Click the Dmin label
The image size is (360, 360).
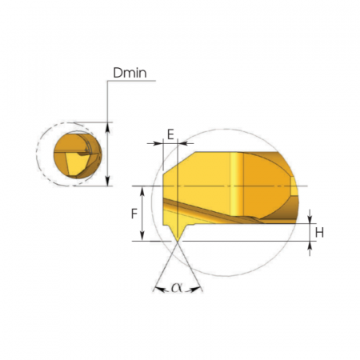click(130, 73)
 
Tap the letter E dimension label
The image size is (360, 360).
click(170, 134)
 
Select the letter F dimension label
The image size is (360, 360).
click(134, 214)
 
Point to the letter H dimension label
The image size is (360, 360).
click(319, 233)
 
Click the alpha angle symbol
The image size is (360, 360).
click(177, 287)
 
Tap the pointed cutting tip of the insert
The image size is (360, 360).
click(178, 241)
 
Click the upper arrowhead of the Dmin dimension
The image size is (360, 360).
click(107, 127)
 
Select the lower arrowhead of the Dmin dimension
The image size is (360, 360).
click(107, 181)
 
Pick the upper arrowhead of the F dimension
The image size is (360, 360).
click(142, 191)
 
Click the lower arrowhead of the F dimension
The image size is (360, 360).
click(142, 236)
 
